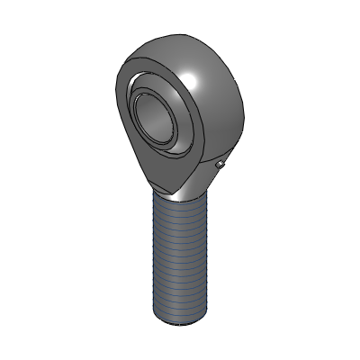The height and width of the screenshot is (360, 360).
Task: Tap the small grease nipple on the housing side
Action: pyautogui.click(x=221, y=165)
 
